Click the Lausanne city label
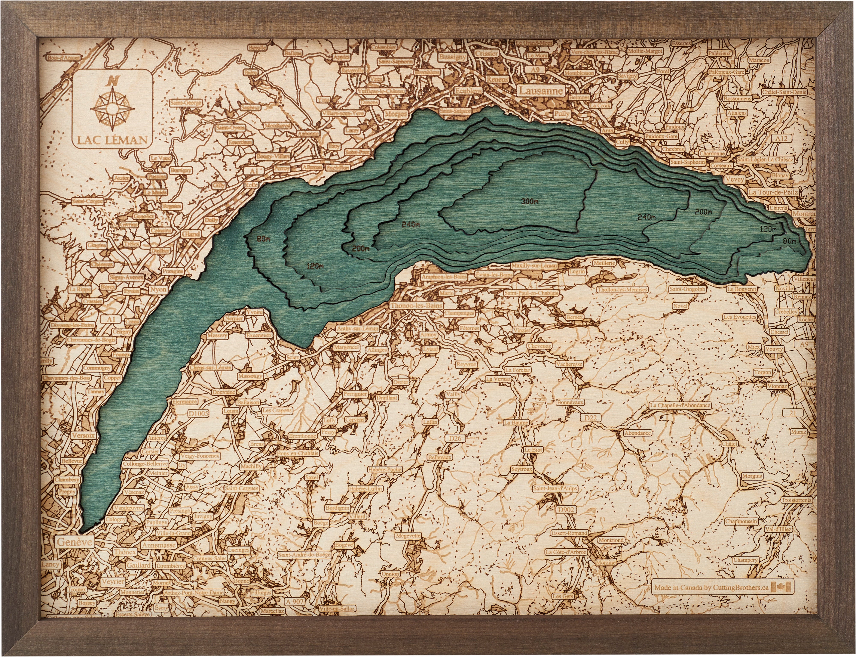[541, 91]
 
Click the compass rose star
[112, 108]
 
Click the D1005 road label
[198, 413]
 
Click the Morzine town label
[605, 562]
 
